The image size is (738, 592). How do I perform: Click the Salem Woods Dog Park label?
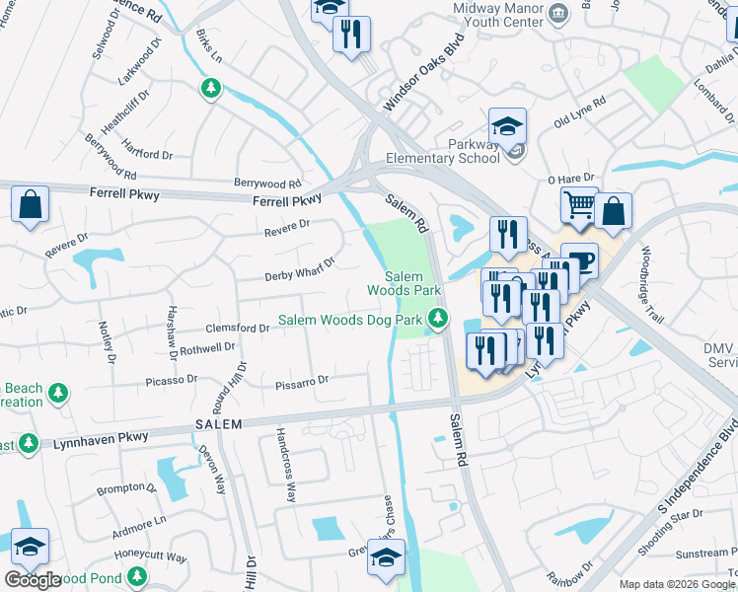pos(350,320)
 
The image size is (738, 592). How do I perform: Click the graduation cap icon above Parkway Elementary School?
pos(507,125)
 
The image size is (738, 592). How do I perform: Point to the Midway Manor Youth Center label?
pos(497,16)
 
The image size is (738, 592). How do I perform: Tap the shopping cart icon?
pos(579,205)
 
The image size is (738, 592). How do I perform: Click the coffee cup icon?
pos(579,260)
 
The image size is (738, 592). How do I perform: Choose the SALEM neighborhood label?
pos(218,422)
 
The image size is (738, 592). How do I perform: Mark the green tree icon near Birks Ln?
pos(210,90)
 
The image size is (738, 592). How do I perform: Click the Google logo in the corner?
pos(32,580)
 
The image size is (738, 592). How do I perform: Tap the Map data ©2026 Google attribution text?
pos(677,584)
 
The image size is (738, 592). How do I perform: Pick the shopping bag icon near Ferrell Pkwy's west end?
pos(31,205)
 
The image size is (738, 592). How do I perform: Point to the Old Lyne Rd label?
pos(579,111)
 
